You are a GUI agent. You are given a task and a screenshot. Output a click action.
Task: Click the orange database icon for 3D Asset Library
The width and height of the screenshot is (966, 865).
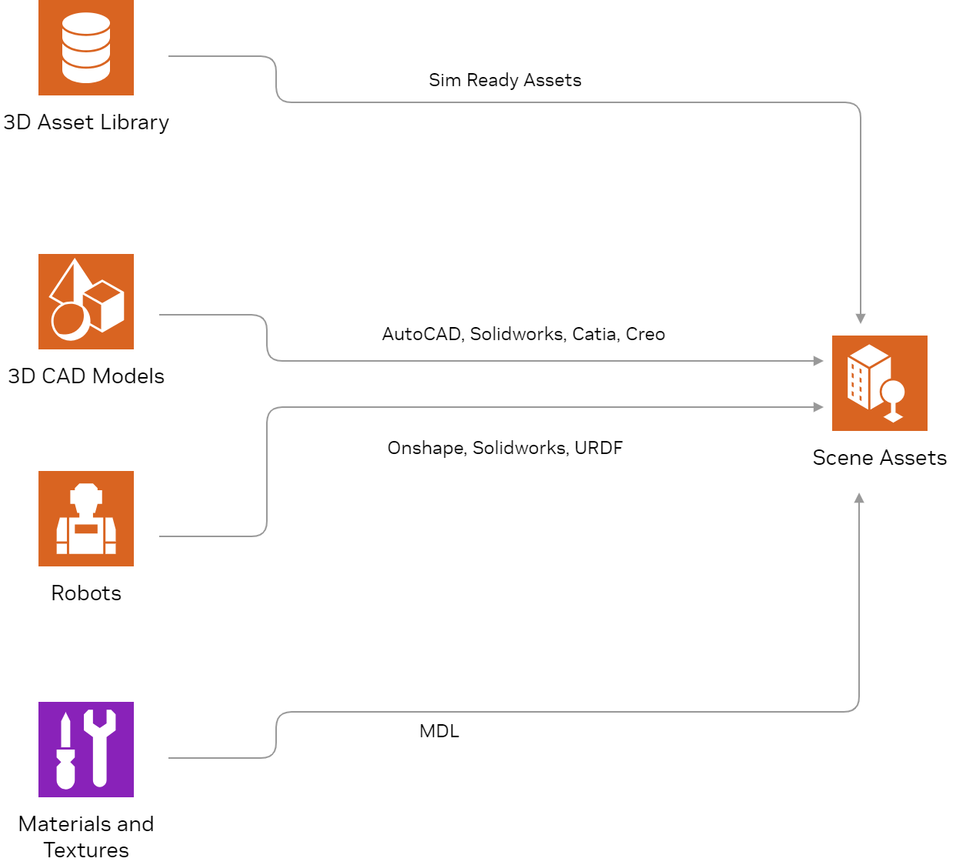tap(86, 48)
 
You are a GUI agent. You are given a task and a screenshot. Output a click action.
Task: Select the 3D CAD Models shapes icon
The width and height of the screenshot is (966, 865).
tap(86, 302)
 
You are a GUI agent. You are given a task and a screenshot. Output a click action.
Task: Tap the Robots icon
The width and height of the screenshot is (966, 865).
tap(86, 519)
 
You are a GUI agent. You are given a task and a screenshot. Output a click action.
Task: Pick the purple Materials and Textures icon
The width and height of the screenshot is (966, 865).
tap(86, 750)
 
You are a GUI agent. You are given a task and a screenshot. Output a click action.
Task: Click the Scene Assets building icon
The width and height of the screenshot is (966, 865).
tap(879, 383)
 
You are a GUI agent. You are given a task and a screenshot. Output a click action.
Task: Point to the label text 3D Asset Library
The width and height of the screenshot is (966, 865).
tap(86, 122)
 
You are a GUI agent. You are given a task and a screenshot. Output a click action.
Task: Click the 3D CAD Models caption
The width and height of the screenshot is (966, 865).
tap(86, 376)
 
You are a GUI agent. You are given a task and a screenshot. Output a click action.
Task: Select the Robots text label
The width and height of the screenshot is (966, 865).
tap(86, 593)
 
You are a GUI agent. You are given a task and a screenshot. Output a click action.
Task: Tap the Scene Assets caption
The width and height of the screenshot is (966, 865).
tap(879, 458)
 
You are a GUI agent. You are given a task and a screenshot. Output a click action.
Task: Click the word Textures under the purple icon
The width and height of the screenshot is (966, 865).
tap(86, 850)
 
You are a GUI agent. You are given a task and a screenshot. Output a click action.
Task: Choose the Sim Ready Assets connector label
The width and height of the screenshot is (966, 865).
tap(505, 80)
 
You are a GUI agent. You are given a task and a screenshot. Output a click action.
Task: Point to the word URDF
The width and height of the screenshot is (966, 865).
tap(598, 448)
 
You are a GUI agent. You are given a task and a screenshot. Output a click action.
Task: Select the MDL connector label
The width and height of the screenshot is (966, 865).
tap(439, 731)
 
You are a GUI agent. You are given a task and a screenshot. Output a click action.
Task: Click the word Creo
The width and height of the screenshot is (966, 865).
tap(645, 334)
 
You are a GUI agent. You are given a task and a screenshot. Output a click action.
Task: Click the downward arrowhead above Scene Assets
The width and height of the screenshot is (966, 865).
tap(861, 319)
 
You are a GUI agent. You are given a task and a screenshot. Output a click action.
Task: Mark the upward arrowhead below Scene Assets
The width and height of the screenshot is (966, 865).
tap(859, 498)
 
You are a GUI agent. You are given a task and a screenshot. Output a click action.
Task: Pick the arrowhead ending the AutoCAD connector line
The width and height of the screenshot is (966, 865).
tap(818, 361)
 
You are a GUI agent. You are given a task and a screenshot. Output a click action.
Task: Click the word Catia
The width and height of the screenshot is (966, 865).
tap(595, 334)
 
